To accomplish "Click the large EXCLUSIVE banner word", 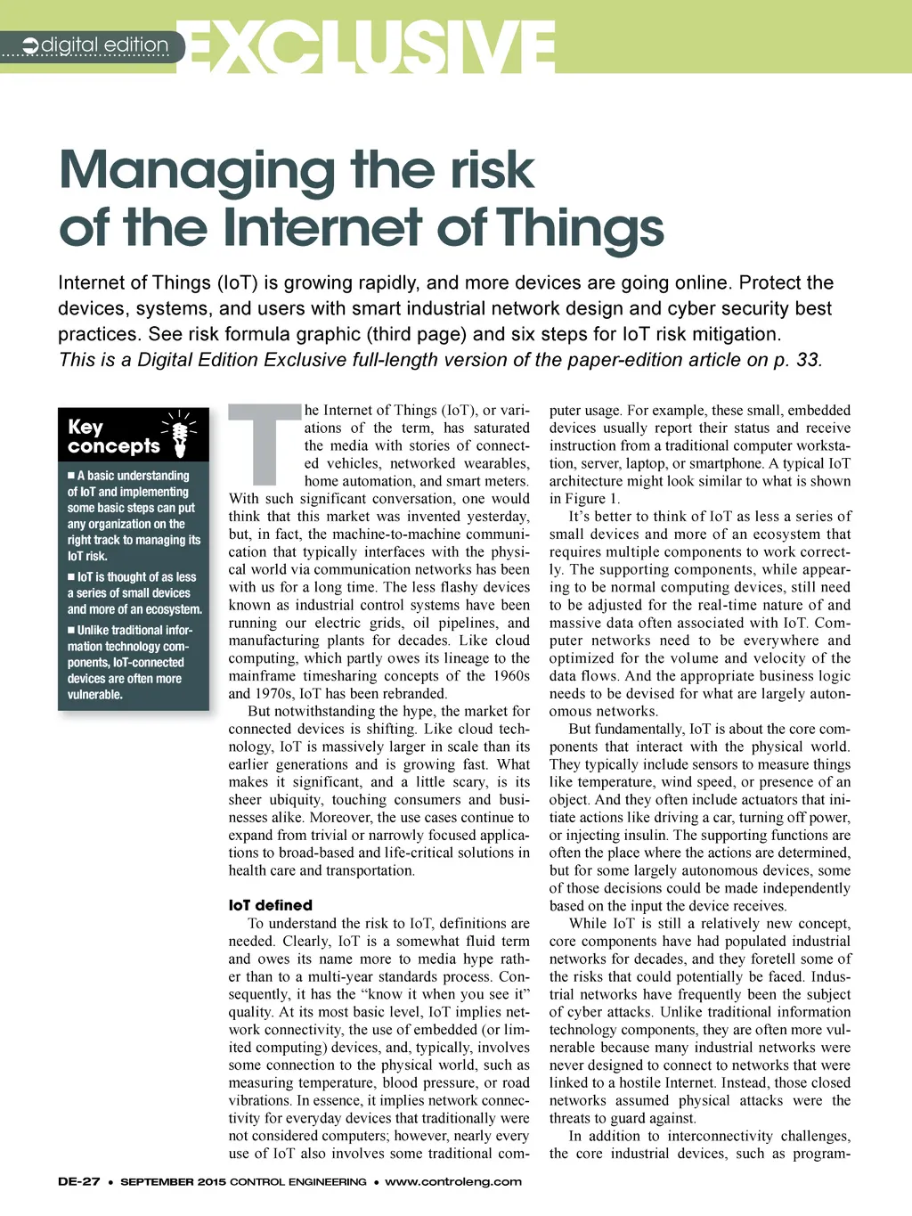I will click(372, 46).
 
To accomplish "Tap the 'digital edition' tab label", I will click(105, 45).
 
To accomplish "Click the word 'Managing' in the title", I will click(196, 171).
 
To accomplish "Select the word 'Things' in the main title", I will click(581, 228).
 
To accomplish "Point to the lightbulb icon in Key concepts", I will click(180, 434).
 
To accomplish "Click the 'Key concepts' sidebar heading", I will click(113, 437).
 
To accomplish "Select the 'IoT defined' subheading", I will click(271, 905).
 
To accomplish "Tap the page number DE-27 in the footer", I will click(78, 1182).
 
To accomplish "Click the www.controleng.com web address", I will click(453, 1182).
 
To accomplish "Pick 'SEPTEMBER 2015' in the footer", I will click(174, 1182).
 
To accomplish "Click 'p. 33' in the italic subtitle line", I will click(795, 360).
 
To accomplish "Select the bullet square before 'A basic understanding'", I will click(71, 476).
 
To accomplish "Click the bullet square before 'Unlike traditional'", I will click(71, 630).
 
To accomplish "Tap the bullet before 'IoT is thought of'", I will click(71, 577).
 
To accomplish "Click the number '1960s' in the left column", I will click(510, 676).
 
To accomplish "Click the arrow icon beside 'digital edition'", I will click(30, 45).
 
